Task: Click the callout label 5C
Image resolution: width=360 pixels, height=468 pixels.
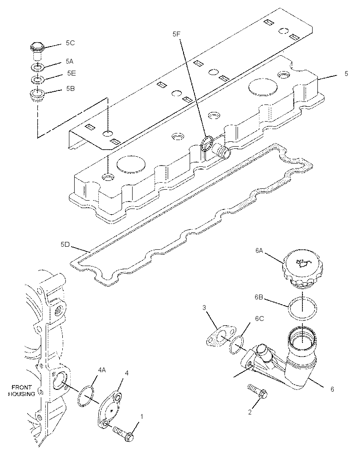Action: (70, 43)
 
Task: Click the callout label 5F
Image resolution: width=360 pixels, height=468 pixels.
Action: (176, 34)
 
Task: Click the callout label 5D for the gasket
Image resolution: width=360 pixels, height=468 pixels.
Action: (65, 245)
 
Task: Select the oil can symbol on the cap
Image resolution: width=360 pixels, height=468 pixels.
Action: (302, 263)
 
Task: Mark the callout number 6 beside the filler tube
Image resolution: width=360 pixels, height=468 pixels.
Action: (332, 389)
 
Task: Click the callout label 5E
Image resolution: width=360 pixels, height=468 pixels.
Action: (72, 73)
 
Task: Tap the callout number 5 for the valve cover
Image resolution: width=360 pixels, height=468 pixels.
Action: (346, 73)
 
